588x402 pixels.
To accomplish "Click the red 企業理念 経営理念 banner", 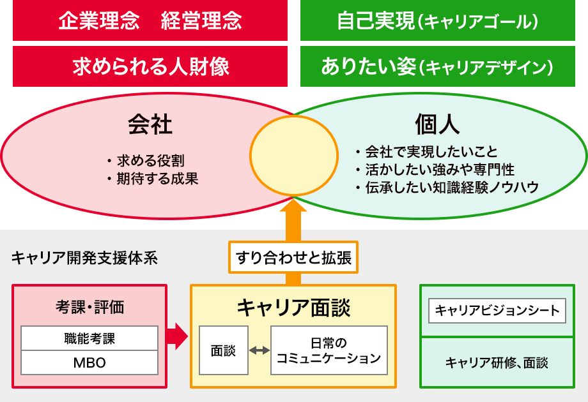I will tap(150, 21).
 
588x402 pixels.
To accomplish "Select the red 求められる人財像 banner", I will tap(150, 66).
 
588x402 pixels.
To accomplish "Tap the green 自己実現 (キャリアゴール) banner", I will tap(437, 21).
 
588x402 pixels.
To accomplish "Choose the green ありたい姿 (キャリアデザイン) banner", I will tap(437, 66).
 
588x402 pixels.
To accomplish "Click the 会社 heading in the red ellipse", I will tap(150, 124).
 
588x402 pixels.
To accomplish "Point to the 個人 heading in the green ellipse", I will tap(437, 124).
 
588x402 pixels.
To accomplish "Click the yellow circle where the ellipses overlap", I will tap(293, 156).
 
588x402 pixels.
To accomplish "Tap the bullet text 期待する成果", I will tap(157, 179).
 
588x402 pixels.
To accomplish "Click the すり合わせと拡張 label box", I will tap(293, 258).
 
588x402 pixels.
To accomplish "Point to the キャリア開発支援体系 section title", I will tap(84, 258).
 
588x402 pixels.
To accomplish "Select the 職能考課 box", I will tap(89, 338).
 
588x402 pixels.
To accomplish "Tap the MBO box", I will tap(89, 363).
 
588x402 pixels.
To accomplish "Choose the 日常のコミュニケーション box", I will tap(329, 350).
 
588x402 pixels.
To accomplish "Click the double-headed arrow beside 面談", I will tap(259, 350).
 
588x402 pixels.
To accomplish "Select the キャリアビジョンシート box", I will tap(497, 311).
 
